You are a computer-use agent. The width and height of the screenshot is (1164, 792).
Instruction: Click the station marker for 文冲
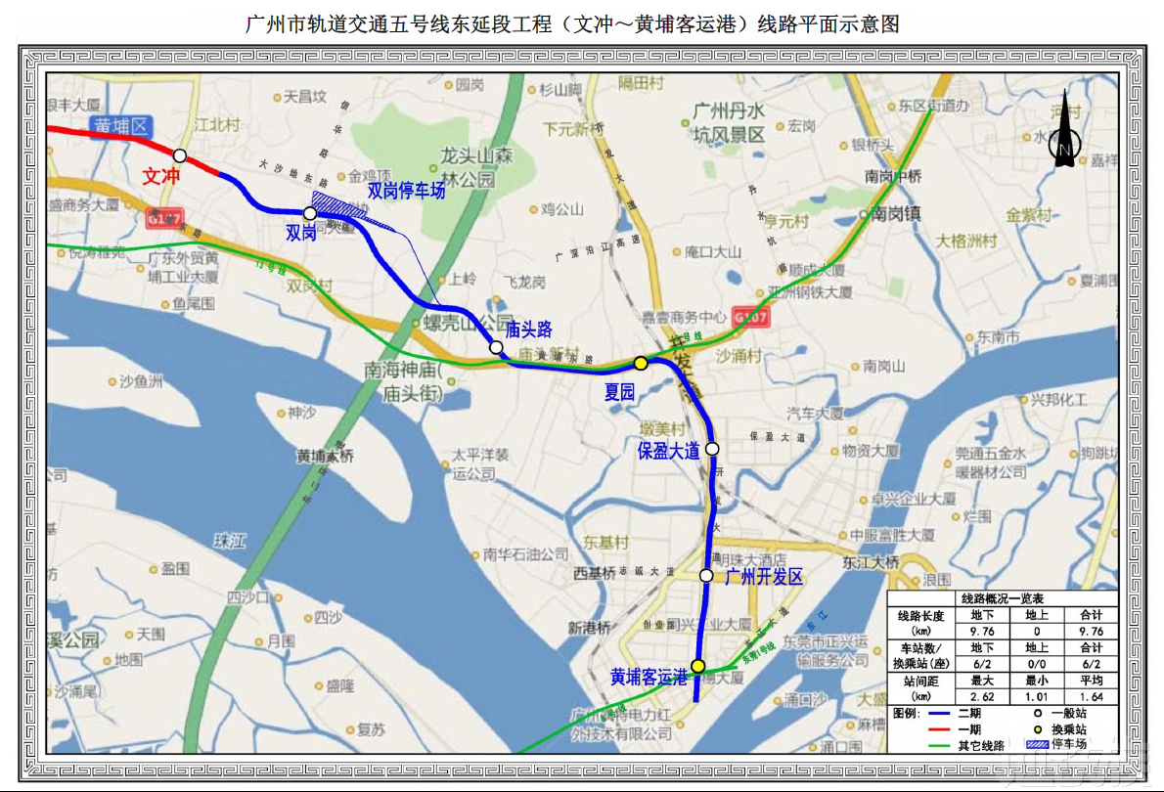click(180, 154)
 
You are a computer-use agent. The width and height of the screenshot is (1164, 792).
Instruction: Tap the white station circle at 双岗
click(309, 212)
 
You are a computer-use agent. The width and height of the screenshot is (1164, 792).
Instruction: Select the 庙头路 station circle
click(496, 347)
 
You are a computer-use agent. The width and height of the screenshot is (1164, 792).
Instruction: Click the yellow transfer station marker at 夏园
click(641, 363)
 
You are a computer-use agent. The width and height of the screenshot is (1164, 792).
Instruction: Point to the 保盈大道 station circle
click(712, 449)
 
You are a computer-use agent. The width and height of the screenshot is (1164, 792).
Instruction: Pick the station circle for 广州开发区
click(706, 576)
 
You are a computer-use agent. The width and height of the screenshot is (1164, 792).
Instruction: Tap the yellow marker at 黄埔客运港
click(697, 666)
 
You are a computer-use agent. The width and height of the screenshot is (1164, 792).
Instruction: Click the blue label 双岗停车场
click(406, 191)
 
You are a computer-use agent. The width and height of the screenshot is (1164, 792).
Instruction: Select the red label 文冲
click(161, 176)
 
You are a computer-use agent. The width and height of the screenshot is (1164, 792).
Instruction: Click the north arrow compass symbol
click(1063, 146)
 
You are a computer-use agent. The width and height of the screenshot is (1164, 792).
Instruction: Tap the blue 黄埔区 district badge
click(121, 126)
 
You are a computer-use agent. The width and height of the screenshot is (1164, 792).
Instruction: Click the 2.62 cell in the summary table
click(982, 697)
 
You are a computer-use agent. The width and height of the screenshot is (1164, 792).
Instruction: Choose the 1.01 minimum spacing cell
click(1037, 697)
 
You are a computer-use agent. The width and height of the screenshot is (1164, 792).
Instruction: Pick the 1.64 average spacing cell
click(1091, 697)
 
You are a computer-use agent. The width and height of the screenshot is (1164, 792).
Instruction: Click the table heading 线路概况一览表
click(1002, 598)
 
